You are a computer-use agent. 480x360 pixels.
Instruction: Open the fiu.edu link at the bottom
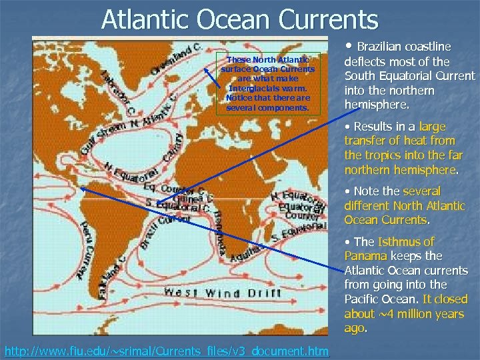167,351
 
